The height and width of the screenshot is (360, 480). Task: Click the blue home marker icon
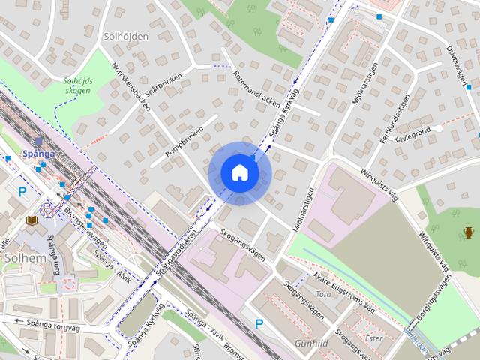tap(239, 172)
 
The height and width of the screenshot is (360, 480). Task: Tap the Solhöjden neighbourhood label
tap(126, 36)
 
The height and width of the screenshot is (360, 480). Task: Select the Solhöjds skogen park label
tap(76, 85)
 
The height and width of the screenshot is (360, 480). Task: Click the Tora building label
tap(324, 294)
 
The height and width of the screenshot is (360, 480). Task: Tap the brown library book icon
tap(31, 220)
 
